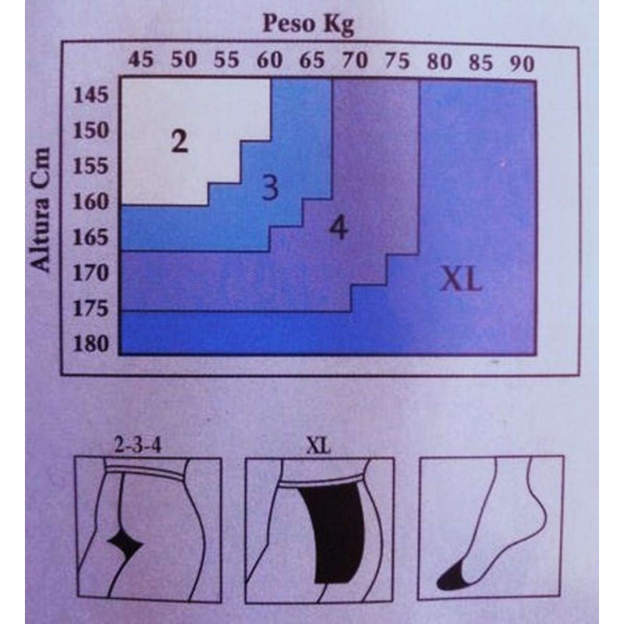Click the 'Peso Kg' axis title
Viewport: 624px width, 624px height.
(308, 25)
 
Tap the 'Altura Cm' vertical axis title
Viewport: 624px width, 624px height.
(41, 210)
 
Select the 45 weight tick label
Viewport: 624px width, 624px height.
(140, 60)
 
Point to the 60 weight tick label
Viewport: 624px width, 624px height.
(269, 61)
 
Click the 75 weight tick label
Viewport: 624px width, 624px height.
(397, 62)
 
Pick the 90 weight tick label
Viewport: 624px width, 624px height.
(522, 64)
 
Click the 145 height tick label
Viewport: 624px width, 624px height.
(90, 95)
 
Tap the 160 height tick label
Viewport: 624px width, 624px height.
(90, 202)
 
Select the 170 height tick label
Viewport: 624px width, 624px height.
(90, 273)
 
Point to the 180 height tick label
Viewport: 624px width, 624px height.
(90, 344)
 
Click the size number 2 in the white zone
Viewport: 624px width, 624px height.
(179, 141)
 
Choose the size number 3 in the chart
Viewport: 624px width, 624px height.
(270, 187)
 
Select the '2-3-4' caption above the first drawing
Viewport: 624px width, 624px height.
(138, 445)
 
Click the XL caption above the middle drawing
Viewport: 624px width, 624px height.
(318, 446)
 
